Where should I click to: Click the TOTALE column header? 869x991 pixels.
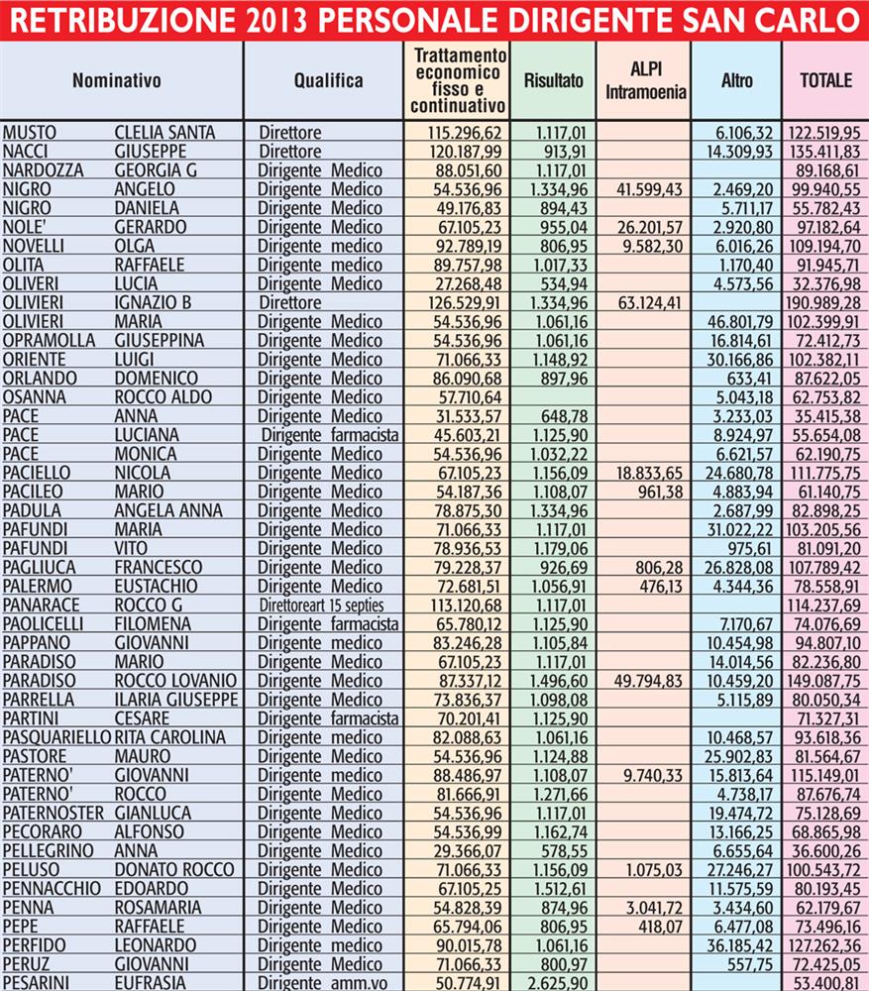click(x=825, y=81)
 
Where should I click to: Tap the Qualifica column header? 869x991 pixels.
click(x=328, y=81)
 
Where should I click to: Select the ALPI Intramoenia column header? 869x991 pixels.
click(x=645, y=81)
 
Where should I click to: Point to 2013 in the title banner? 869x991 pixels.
click(x=275, y=20)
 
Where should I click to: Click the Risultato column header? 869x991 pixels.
click(x=553, y=81)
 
